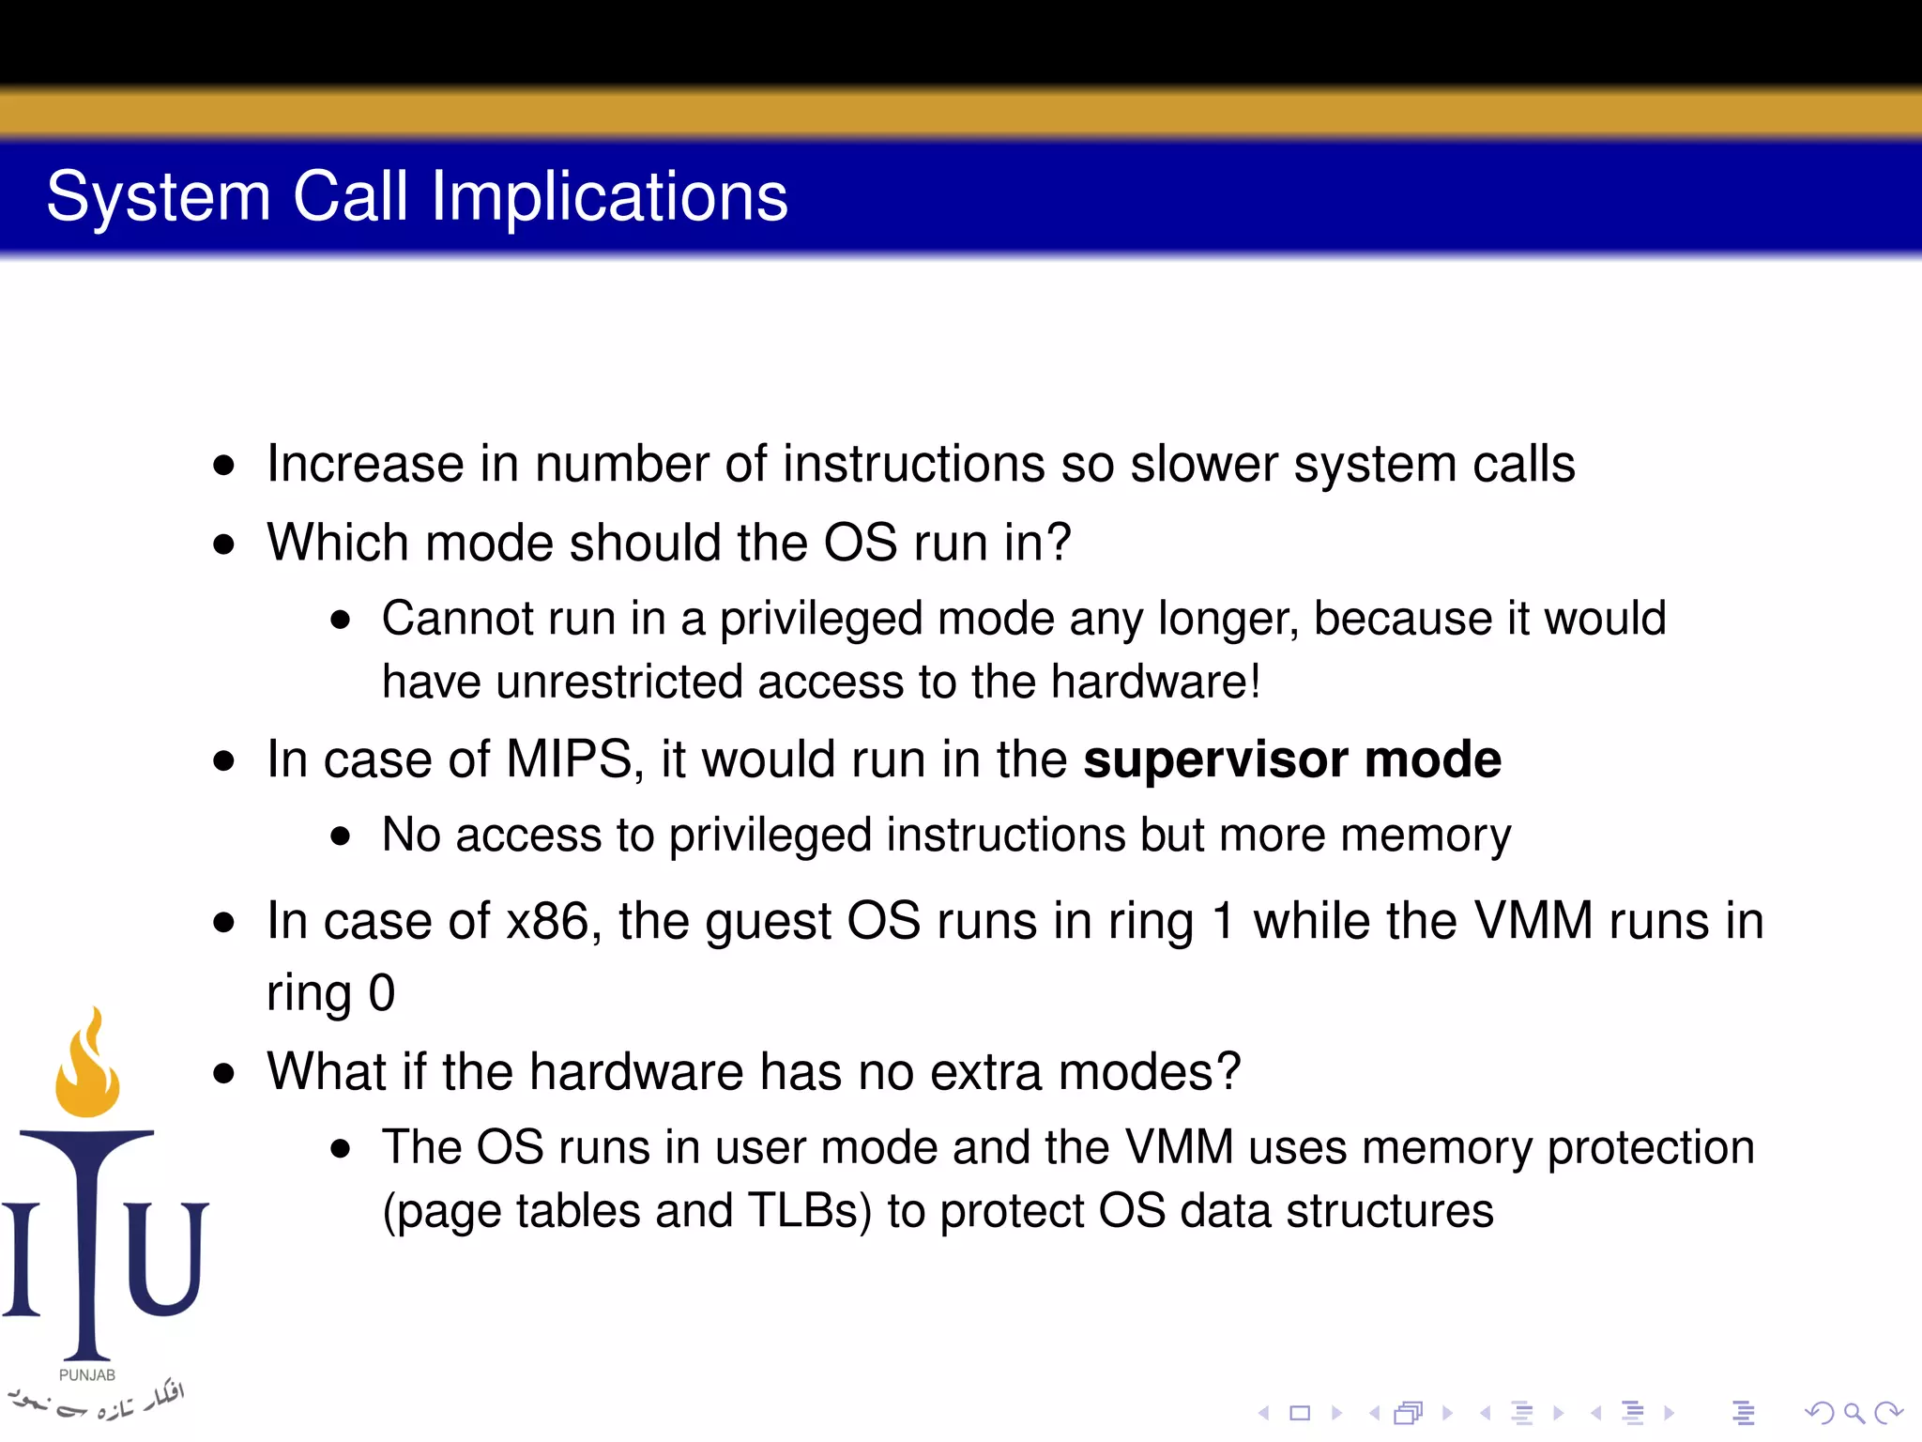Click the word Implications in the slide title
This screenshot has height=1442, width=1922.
pyautogui.click(x=609, y=197)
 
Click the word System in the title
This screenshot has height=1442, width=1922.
pyautogui.click(x=159, y=197)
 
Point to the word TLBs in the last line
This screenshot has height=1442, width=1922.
pyautogui.click(x=809, y=1210)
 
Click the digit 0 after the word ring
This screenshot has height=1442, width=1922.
pyautogui.click(x=382, y=993)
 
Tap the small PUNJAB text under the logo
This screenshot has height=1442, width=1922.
pyautogui.click(x=87, y=1374)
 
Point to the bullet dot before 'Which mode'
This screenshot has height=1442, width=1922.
pyautogui.click(x=223, y=544)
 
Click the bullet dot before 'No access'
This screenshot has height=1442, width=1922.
pyautogui.click(x=340, y=836)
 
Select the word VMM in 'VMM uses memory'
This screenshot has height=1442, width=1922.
pyautogui.click(x=1179, y=1147)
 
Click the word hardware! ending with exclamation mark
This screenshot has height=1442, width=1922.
pyautogui.click(x=1155, y=682)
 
